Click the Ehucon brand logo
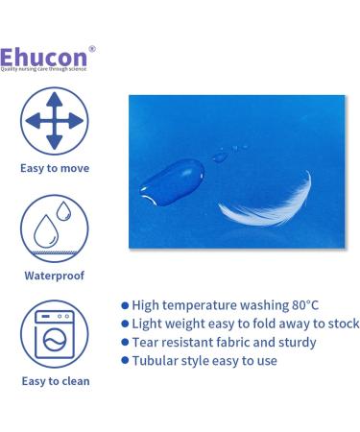(x=45, y=56)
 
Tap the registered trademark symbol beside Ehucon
(x=92, y=48)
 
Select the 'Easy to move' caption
(x=55, y=167)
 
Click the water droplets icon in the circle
(x=55, y=228)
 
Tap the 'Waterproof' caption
(x=55, y=276)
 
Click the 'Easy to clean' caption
(x=55, y=381)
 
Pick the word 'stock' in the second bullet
(x=341, y=324)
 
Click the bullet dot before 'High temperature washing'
(x=125, y=304)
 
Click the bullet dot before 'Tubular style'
(x=125, y=361)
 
